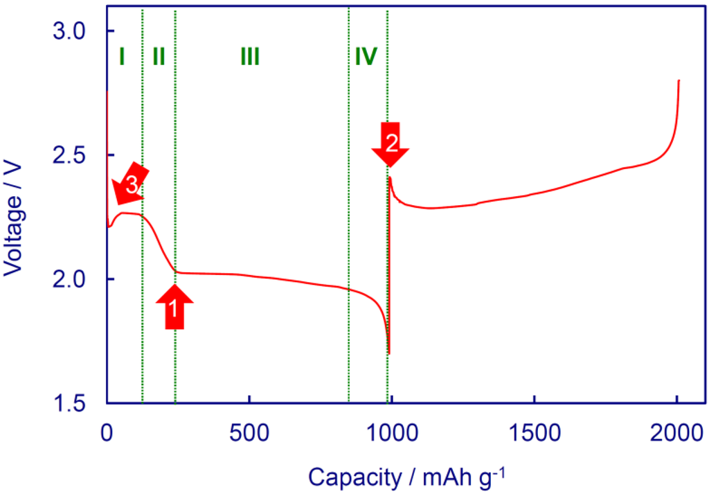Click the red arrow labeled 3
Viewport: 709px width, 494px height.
[x=129, y=186]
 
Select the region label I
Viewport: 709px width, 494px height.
[x=121, y=56]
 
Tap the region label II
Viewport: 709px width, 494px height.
[x=159, y=56]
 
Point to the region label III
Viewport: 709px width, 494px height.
[x=249, y=56]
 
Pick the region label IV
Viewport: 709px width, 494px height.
[x=366, y=56]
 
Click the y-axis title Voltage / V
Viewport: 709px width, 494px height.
[x=15, y=216]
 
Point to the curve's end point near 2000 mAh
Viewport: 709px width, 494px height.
[x=679, y=80]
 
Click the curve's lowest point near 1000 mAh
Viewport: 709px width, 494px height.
[x=389, y=353]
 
